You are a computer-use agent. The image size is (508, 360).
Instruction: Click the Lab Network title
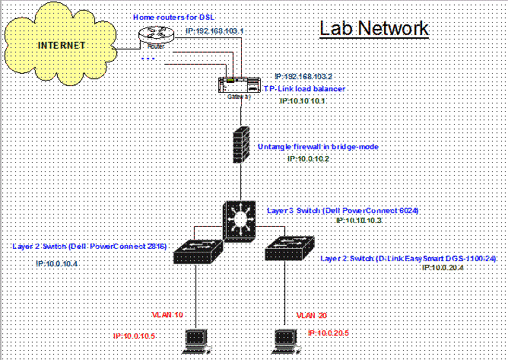coord(374,30)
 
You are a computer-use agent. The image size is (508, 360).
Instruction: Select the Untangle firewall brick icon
coord(241,143)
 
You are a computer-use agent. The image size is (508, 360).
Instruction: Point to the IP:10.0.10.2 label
coord(307,158)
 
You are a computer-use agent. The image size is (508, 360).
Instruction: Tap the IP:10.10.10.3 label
coord(357,220)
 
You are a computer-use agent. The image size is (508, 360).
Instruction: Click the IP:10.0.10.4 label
coord(57,263)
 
